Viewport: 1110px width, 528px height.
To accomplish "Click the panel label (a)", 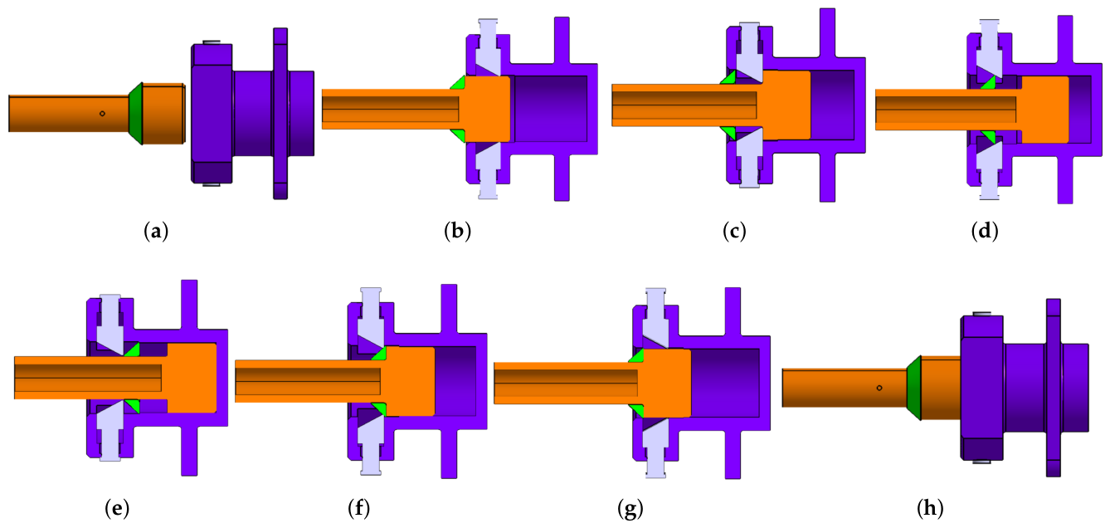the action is click(156, 232).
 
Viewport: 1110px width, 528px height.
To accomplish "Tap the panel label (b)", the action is click(457, 232).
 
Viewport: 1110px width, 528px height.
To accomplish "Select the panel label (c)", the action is click(734, 232).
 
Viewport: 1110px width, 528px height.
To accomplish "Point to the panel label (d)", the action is click(985, 232).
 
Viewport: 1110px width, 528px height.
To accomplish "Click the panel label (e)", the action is click(117, 509).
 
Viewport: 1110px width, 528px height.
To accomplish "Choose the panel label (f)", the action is click(358, 509).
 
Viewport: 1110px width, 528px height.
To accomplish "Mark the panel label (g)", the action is click(630, 509).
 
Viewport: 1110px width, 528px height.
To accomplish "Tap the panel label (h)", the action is click(930, 509).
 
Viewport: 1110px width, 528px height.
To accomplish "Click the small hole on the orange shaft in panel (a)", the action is click(102, 114).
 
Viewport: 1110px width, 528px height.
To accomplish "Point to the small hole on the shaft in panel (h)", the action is click(879, 388).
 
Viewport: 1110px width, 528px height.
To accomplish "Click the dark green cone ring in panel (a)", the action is click(136, 114).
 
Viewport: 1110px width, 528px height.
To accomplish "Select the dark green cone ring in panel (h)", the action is click(913, 388).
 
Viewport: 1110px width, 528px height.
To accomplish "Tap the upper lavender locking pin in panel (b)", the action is click(488, 47).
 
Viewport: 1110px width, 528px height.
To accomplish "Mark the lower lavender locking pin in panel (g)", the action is click(655, 448).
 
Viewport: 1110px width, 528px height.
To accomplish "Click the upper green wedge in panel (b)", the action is click(460, 83).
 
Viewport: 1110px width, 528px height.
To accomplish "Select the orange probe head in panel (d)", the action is click(1044, 110).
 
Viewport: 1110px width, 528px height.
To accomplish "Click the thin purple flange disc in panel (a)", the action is click(280, 114).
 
